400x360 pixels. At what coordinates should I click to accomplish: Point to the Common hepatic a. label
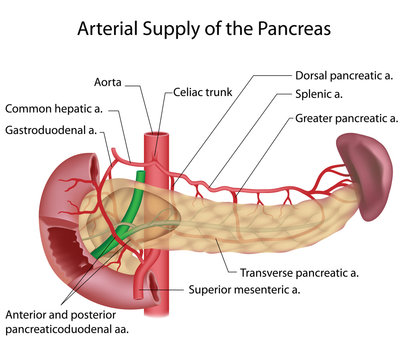(x=57, y=108)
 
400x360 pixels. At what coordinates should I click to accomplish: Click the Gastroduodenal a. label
(x=50, y=130)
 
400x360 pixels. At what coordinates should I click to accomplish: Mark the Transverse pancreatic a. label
(x=299, y=273)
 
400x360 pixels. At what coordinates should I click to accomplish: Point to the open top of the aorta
(x=157, y=132)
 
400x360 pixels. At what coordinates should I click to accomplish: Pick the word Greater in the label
(x=319, y=119)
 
